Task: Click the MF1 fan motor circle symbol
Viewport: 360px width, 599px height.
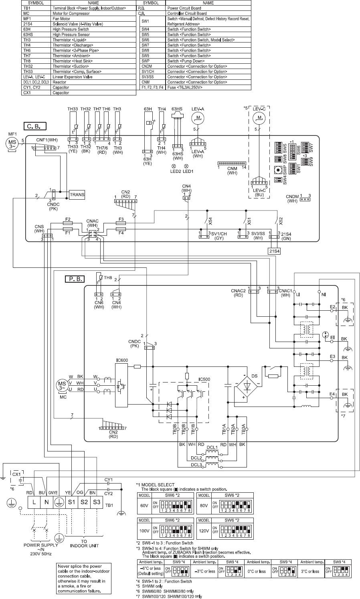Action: click(x=10, y=143)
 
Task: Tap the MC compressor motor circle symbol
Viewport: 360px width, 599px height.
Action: click(x=63, y=388)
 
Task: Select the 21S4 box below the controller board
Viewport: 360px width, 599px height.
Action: click(x=275, y=251)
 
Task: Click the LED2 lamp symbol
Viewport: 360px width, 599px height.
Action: click(x=174, y=166)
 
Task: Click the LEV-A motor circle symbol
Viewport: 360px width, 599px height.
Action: click(x=196, y=117)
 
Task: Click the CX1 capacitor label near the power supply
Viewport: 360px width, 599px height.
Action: click(x=16, y=474)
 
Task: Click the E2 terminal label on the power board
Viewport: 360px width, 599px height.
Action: click(x=332, y=307)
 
